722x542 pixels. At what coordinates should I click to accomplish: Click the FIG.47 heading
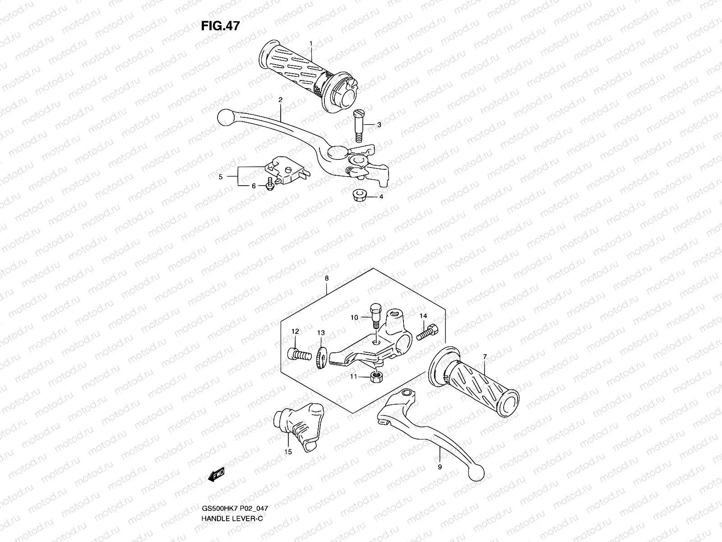[x=220, y=26]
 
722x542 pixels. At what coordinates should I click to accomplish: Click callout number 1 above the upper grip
[x=310, y=43]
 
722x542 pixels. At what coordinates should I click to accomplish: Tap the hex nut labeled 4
[x=359, y=196]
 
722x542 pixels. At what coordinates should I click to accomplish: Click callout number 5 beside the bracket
[x=221, y=177]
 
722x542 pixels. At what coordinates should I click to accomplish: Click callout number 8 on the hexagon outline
[x=326, y=279]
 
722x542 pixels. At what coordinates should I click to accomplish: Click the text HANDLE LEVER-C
[x=232, y=519]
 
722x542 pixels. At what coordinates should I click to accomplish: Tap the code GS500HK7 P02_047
[x=235, y=508]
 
